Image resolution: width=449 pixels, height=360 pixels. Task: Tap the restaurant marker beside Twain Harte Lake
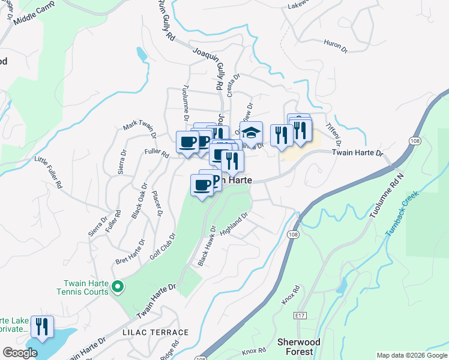42,326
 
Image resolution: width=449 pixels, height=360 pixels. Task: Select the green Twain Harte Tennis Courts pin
118,287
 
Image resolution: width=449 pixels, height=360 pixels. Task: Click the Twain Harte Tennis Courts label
86,287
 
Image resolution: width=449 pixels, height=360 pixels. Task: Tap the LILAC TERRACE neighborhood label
155,332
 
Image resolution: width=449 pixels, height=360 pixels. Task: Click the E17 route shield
301,315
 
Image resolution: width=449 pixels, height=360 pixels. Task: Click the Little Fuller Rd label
49,173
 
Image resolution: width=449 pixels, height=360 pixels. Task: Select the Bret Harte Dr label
130,253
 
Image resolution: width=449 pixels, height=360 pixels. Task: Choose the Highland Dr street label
234,224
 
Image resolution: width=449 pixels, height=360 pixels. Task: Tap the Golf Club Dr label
161,247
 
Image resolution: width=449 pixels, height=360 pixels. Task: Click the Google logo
20,353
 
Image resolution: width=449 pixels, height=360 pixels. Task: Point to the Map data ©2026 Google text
412,355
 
